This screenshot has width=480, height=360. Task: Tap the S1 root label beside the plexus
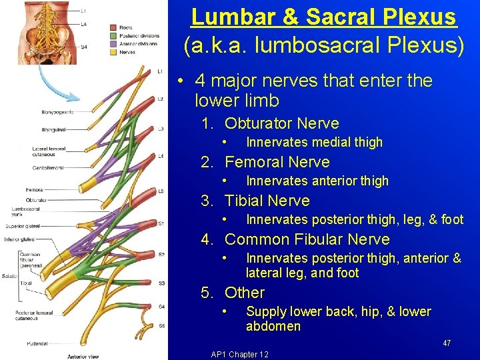click(161, 223)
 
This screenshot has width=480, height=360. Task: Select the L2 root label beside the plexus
click(160, 99)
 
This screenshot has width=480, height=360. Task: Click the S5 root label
click(161, 326)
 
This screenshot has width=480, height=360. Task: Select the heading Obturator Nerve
click(281, 123)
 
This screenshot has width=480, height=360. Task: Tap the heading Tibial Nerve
click(267, 201)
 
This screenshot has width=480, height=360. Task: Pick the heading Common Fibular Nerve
click(307, 239)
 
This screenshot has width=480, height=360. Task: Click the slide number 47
click(447, 343)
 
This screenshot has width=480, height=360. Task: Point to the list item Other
click(245, 293)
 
